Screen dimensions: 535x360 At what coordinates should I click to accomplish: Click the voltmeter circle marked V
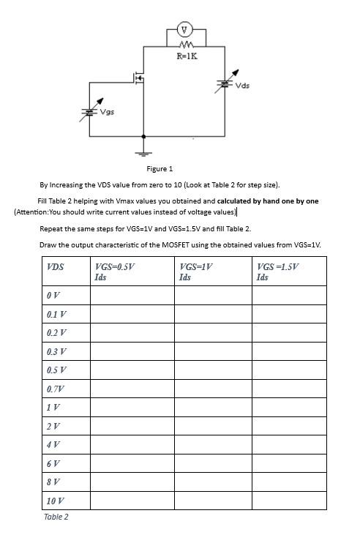(186, 30)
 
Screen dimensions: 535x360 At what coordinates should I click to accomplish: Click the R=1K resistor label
(187, 55)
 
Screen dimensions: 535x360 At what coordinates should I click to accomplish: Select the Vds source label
(242, 86)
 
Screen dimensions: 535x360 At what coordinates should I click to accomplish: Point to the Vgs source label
(107, 113)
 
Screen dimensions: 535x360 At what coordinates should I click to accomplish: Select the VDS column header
(55, 267)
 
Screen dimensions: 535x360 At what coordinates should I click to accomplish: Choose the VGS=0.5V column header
(115, 272)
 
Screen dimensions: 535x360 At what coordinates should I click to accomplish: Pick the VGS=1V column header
(195, 272)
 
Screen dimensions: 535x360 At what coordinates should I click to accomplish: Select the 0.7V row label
(55, 389)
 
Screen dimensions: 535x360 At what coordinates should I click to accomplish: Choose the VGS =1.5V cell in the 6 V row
(289, 463)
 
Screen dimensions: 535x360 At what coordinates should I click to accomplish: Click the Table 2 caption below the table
(56, 517)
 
